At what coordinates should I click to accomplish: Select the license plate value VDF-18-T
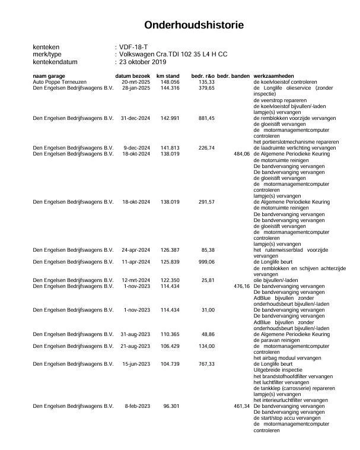[x=134, y=46]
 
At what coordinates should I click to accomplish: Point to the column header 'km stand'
[x=168, y=77]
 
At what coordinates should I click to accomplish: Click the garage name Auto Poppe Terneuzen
[x=59, y=82]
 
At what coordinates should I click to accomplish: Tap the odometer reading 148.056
[x=170, y=82]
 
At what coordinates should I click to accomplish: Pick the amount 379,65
[x=206, y=88]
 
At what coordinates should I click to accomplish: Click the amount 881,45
[x=206, y=118]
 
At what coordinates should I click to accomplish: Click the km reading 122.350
[x=170, y=280]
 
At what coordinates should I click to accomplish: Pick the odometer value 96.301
[x=171, y=406]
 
